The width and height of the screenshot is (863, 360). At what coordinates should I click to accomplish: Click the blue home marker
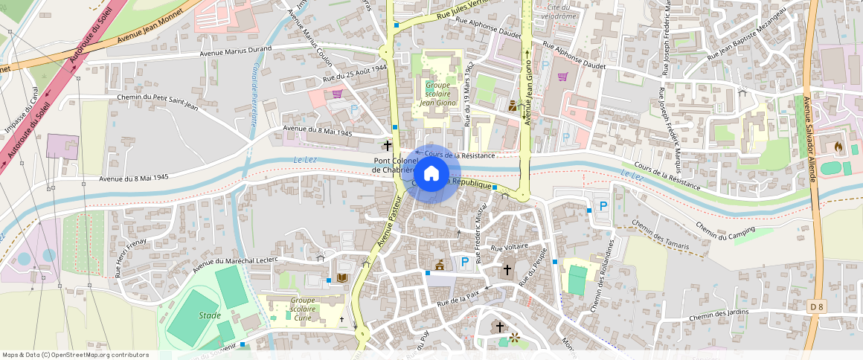tap(431, 175)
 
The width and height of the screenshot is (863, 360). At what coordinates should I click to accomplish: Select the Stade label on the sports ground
tap(210, 315)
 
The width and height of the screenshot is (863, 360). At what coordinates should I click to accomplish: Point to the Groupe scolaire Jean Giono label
tap(437, 94)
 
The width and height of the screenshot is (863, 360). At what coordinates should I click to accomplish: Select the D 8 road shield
tap(816, 306)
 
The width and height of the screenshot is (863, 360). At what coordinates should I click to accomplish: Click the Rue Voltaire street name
tap(509, 246)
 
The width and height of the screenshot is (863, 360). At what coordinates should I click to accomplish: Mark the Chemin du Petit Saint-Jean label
tap(157, 102)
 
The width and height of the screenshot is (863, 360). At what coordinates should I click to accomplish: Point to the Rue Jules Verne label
tap(462, 11)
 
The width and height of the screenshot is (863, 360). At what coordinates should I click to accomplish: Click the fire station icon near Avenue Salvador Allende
tap(840, 147)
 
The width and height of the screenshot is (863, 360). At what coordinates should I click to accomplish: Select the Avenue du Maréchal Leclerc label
tap(234, 264)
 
